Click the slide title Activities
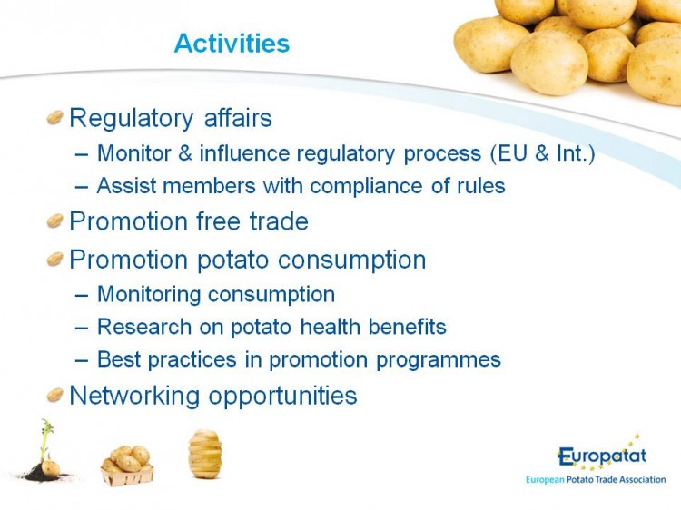click(232, 44)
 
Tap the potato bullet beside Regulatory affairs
click(55, 117)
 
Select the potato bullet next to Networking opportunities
click(55, 395)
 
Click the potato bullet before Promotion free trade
click(55, 221)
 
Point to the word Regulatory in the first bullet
click(132, 119)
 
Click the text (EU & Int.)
click(542, 153)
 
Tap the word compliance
click(366, 187)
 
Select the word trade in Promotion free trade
click(279, 221)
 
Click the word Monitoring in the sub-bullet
click(149, 295)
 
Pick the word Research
click(144, 327)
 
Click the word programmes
click(439, 360)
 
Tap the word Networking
click(135, 397)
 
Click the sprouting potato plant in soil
click(44, 452)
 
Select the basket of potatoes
click(127, 466)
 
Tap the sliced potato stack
click(205, 454)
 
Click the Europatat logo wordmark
click(602, 456)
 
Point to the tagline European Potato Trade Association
click(596, 480)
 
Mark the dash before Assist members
click(81, 187)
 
